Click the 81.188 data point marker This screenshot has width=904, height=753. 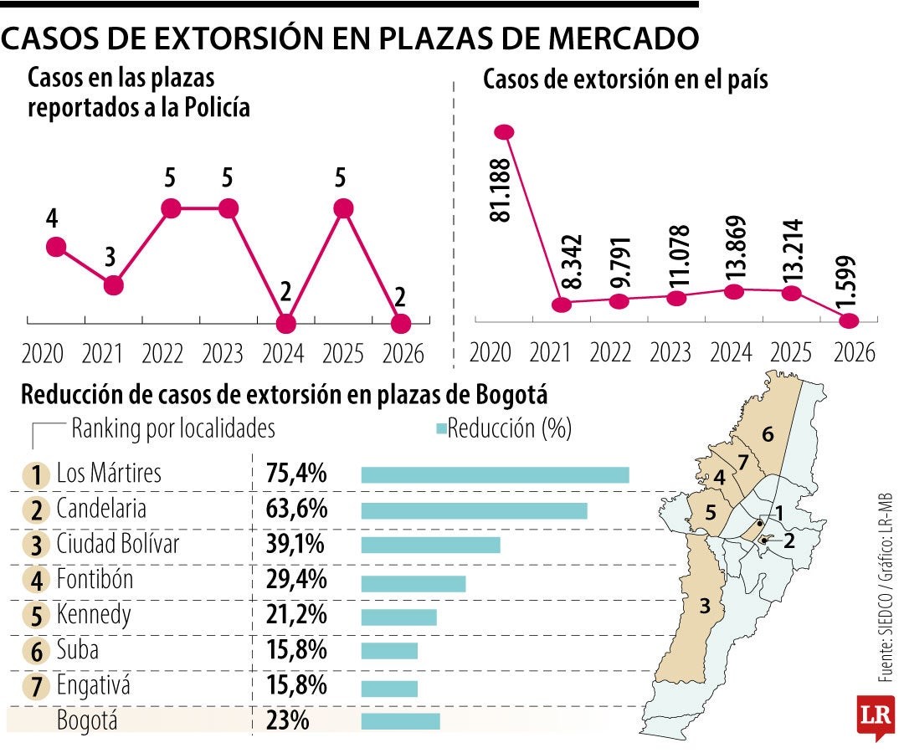pyautogui.click(x=504, y=131)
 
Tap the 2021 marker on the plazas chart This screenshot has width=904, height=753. pyautogui.click(x=114, y=285)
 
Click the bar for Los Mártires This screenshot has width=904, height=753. pyautogui.click(x=495, y=474)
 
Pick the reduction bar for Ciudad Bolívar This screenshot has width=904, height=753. pyautogui.click(x=430, y=545)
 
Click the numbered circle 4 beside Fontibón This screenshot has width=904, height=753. pyautogui.click(x=36, y=581)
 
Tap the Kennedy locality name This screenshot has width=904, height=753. pyautogui.click(x=94, y=616)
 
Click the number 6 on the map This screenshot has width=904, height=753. pyautogui.click(x=768, y=433)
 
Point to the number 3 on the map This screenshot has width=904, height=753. pyautogui.click(x=705, y=604)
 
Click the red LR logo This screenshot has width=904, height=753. pyautogui.click(x=874, y=716)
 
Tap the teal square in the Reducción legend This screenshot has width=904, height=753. pyautogui.click(x=441, y=429)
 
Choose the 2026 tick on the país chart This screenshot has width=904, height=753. pyautogui.click(x=849, y=351)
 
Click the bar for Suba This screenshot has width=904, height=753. pyautogui.click(x=389, y=652)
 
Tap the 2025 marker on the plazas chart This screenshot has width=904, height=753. pyautogui.click(x=342, y=208)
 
